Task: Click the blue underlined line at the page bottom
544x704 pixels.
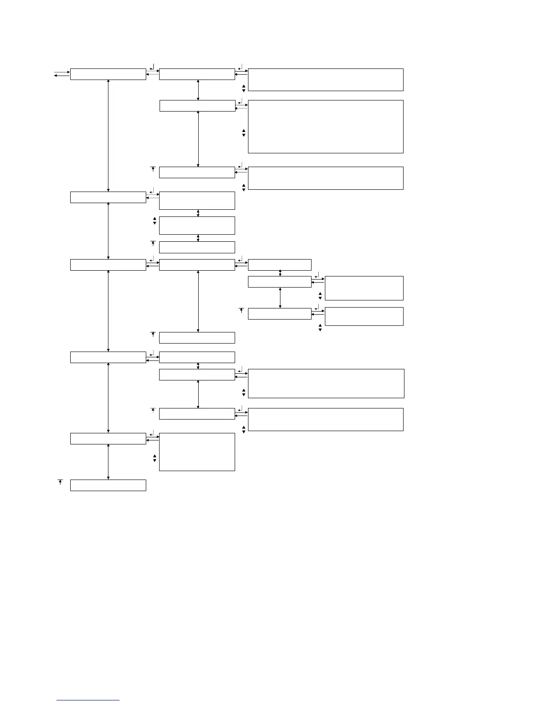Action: pyautogui.click(x=88, y=700)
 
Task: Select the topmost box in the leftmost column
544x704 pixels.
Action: pyautogui.click(x=108, y=74)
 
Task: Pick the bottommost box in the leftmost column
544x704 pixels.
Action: pyautogui.click(x=108, y=485)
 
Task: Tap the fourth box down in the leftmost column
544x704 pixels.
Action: pyautogui.click(x=108, y=357)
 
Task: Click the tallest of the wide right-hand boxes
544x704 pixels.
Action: pyautogui.click(x=325, y=127)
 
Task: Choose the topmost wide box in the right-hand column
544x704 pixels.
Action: pyautogui.click(x=325, y=80)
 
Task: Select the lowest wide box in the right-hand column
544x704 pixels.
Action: pyautogui.click(x=325, y=420)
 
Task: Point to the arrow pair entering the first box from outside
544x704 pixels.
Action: pyautogui.click(x=62, y=74)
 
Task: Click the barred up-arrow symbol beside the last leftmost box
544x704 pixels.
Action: pyautogui.click(x=60, y=482)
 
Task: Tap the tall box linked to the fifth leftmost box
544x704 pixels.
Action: pyautogui.click(x=197, y=452)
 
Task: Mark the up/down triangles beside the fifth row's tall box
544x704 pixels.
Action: pyautogui.click(x=155, y=458)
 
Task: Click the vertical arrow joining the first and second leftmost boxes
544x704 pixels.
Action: pyautogui.click(x=108, y=136)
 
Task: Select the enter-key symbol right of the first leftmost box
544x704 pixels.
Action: pyautogui.click(x=152, y=67)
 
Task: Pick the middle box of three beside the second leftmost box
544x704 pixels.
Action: pyautogui.click(x=197, y=225)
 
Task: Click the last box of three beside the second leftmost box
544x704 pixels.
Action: pyautogui.click(x=197, y=247)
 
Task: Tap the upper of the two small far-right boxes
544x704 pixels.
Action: pyautogui.click(x=364, y=288)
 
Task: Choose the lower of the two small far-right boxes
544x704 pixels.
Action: pyautogui.click(x=364, y=316)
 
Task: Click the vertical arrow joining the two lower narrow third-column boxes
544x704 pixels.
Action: pyautogui.click(x=280, y=297)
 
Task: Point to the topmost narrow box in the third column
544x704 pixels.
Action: pyautogui.click(x=280, y=265)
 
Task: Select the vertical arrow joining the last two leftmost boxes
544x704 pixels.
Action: pyautogui.click(x=108, y=461)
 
